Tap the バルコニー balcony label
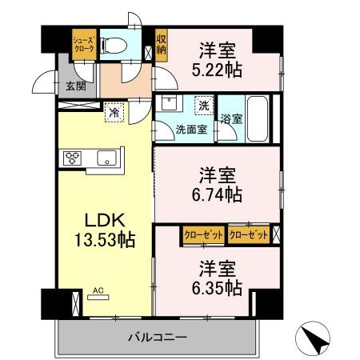pos(157,337)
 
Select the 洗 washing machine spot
pos(203,103)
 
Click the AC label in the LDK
pos(98,291)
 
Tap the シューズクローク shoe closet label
pos(84,45)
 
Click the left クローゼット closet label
pos(203,234)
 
